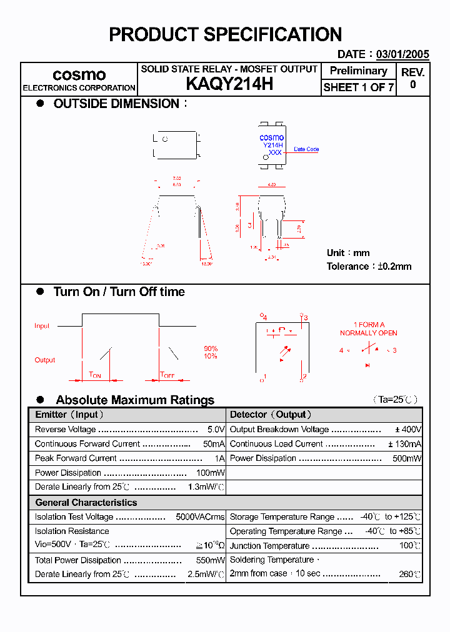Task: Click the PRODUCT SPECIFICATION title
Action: pyautogui.click(x=225, y=34)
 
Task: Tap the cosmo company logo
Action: pyautogui.click(x=79, y=74)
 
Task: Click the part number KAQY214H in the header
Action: pyautogui.click(x=229, y=84)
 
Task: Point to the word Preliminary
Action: pyautogui.click(x=358, y=71)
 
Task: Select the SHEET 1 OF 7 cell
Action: pyautogui.click(x=358, y=87)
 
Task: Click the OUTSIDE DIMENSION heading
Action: pyautogui.click(x=116, y=104)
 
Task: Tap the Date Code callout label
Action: pyautogui.click(x=306, y=149)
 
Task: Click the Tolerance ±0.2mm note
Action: pyautogui.click(x=369, y=266)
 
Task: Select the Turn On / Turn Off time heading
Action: pyautogui.click(x=119, y=292)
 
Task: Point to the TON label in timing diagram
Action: pyautogui.click(x=95, y=375)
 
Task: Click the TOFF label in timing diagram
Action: pyautogui.click(x=167, y=375)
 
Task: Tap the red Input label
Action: pyautogui.click(x=42, y=326)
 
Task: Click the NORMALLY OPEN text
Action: pyautogui.click(x=368, y=333)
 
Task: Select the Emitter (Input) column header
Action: pyautogui.click(x=69, y=415)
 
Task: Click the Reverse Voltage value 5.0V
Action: pyautogui.click(x=216, y=430)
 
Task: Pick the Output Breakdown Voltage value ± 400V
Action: pyautogui.click(x=408, y=430)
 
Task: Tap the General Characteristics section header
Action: pyautogui.click(x=86, y=502)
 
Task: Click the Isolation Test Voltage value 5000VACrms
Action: pyautogui.click(x=200, y=517)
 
